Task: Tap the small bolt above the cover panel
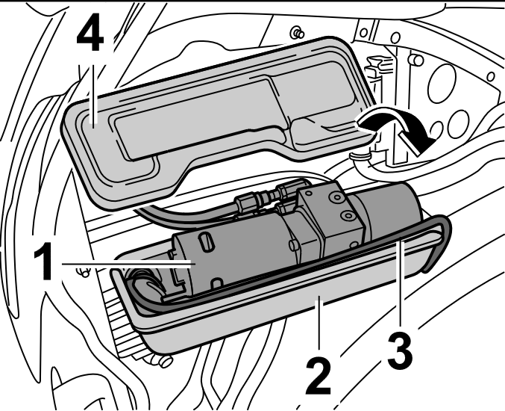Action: [296, 32]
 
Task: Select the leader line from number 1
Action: [127, 263]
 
